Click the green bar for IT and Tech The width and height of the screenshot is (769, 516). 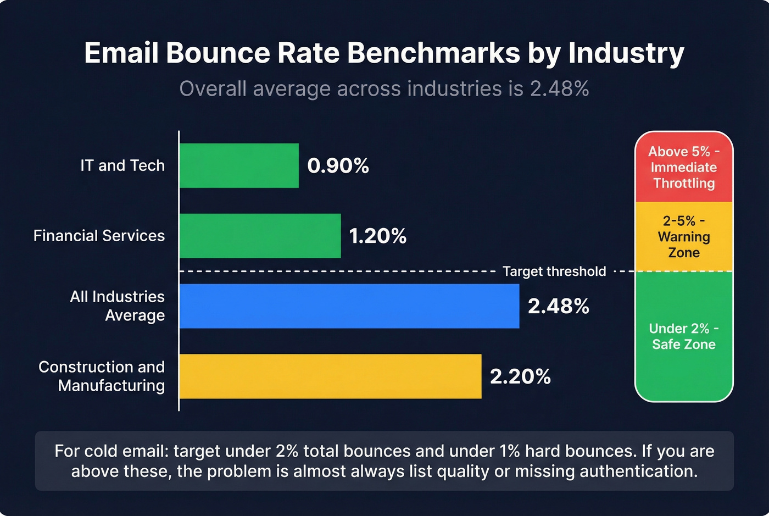[x=239, y=165]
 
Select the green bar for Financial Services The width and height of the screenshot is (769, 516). [x=260, y=236]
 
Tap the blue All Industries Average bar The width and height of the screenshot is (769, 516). [x=349, y=306]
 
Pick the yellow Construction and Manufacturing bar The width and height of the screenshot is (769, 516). [x=330, y=376]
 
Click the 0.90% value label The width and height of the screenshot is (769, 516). [x=338, y=165]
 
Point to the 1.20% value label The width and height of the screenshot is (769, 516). [x=378, y=236]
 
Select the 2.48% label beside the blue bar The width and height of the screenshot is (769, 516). [x=558, y=307]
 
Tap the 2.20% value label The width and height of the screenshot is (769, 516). [x=520, y=377]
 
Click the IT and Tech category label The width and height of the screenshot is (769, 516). [x=122, y=165]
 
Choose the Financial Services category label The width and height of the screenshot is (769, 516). [x=99, y=236]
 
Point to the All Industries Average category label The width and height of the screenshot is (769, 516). [x=118, y=306]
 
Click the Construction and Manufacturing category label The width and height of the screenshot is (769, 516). [x=102, y=376]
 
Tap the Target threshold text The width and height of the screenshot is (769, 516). [x=554, y=271]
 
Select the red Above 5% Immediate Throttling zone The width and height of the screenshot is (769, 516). [x=684, y=167]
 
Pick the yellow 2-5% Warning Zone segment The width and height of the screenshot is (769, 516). [x=684, y=237]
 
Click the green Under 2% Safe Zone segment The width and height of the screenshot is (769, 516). [x=684, y=336]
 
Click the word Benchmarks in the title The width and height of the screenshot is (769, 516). [x=433, y=53]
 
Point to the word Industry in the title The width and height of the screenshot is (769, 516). [x=626, y=53]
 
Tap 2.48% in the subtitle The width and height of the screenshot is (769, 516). [x=559, y=89]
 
